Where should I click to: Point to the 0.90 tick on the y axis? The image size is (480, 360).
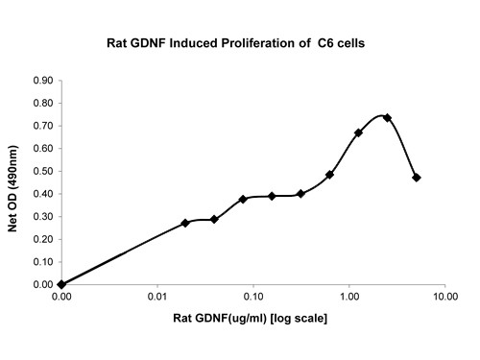tap(43, 81)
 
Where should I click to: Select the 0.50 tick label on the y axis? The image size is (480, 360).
tap(43, 171)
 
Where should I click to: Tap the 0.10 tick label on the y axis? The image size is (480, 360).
tap(43, 262)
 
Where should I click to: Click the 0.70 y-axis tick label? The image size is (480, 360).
tap(43, 126)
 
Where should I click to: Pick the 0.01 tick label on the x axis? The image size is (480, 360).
tap(156, 298)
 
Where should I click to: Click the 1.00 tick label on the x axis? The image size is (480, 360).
tap(348, 298)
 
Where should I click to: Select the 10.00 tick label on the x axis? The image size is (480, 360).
tap(444, 298)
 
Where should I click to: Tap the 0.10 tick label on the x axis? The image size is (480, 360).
tap(252, 298)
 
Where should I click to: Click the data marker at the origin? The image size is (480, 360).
tap(61, 284)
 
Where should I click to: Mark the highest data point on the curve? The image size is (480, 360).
tap(387, 118)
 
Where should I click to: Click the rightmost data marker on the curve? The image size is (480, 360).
tap(417, 178)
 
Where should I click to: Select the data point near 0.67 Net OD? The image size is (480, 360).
tap(358, 132)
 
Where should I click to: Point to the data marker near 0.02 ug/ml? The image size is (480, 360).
tap(185, 223)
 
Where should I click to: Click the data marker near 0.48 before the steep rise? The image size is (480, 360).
tap(329, 175)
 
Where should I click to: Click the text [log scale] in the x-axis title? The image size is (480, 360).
tap(299, 318)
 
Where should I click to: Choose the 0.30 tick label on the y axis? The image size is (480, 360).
tap(43, 217)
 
